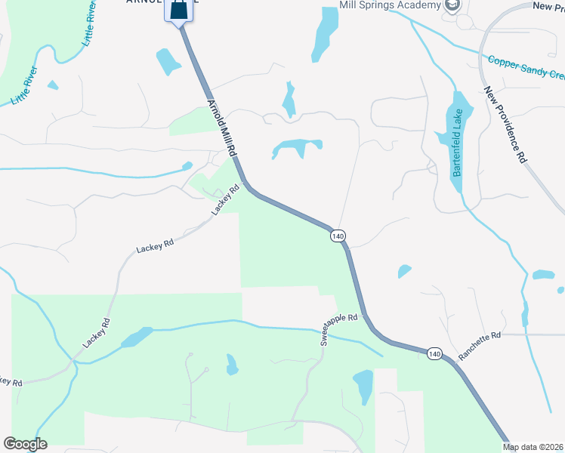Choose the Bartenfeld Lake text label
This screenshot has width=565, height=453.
[x=457, y=143]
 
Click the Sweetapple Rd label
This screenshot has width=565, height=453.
[x=338, y=328]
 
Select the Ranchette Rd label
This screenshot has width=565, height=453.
[x=479, y=344]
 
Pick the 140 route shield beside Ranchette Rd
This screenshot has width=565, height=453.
[x=434, y=353]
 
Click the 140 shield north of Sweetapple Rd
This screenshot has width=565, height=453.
[x=338, y=236]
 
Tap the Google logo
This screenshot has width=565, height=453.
[x=25, y=444]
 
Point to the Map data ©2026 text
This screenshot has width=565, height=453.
[x=533, y=447]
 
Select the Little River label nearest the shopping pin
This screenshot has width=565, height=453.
[x=90, y=23]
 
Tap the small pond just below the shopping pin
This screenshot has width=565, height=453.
[x=167, y=60]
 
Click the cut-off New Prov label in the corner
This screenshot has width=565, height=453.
[x=548, y=6]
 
